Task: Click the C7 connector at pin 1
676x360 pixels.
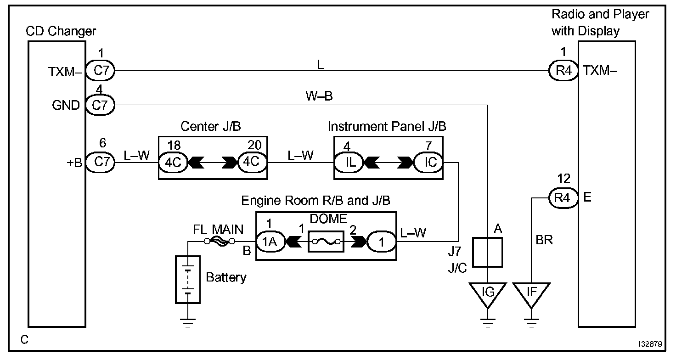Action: pos(100,71)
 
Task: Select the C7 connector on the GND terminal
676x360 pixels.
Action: pos(100,106)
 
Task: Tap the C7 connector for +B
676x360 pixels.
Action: pos(100,163)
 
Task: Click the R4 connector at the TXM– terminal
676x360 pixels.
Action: pos(563,71)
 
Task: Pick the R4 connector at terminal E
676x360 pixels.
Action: pos(563,198)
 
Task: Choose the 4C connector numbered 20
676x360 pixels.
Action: pos(252,163)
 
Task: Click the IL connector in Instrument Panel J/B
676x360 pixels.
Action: pos(348,163)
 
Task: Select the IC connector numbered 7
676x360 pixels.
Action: pos(428,163)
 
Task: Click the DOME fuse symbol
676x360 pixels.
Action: pos(326,241)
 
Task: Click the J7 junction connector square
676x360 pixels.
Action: pos(488,252)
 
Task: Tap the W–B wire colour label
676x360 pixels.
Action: pos(319,97)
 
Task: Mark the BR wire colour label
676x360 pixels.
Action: pos(545,240)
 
